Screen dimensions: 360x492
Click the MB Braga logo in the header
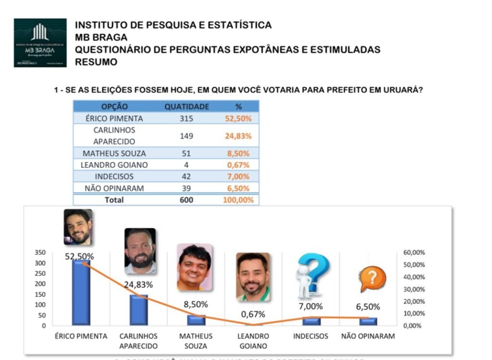pos(40,43)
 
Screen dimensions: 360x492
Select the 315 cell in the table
pos(186,118)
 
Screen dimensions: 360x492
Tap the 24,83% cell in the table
pos(238,136)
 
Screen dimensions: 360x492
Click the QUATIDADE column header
pos(186,107)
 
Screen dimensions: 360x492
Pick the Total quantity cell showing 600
pos(186,200)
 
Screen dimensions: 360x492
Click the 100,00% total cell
pos(238,200)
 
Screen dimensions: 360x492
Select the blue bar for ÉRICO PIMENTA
pos(81,292)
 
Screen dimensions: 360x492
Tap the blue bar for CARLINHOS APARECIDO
pos(138,310)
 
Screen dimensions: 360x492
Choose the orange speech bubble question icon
pos(372,280)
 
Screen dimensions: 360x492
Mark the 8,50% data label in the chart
pos(196,304)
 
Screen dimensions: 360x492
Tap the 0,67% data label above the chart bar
pos(253,314)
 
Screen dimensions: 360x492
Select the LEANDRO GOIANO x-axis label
pos(253,341)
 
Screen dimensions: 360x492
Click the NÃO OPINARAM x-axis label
pos(368,336)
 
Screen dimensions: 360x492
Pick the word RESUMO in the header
pos(96,62)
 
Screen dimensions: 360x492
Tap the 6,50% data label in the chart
pos(368,307)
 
